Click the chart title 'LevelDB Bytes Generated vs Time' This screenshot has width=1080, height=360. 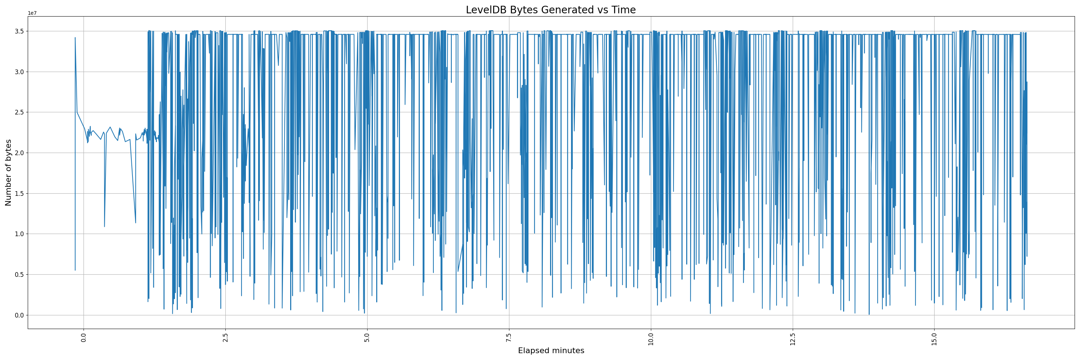tap(550, 10)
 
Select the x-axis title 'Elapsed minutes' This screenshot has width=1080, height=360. tap(551, 351)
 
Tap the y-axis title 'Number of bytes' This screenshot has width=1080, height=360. tap(8, 173)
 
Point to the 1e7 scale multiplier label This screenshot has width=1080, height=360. tap(32, 13)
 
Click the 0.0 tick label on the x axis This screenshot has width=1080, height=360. tap(84, 337)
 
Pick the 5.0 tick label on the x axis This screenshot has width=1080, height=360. tap(367, 337)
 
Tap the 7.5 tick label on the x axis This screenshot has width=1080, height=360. tap(509, 337)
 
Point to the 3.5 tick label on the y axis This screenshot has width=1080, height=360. tap(19, 31)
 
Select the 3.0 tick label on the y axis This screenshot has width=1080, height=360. tap(19, 72)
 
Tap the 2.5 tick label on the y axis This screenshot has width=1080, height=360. tap(19, 112)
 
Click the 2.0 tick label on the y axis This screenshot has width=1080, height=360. tap(19, 153)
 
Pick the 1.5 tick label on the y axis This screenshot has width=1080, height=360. tap(19, 193)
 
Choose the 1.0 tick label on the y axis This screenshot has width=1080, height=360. tap(19, 234)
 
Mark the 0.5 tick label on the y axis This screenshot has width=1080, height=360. tap(19, 275)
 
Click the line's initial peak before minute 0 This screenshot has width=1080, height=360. tap(75, 38)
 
